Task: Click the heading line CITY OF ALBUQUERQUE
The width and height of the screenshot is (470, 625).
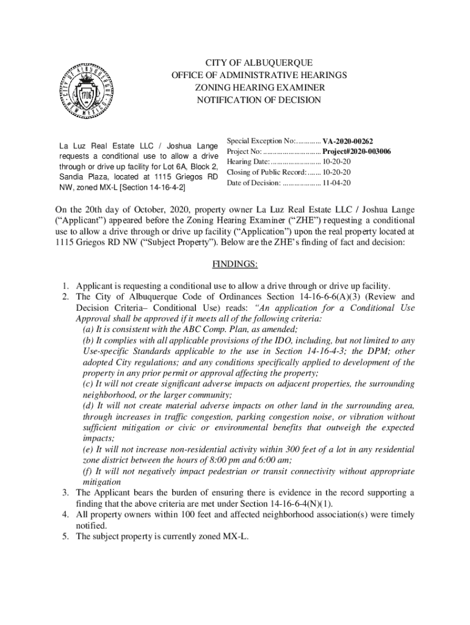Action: pos(259,63)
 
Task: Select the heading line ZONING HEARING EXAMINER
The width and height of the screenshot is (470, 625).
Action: pos(259,88)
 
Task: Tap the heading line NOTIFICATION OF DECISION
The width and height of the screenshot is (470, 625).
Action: pos(259,100)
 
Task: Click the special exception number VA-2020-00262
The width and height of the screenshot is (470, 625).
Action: pos(348,140)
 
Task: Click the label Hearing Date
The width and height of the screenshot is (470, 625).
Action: pos(248,162)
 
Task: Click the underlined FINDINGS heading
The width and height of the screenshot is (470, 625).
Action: pos(235,264)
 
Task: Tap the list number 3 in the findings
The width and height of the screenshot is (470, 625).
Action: pos(64,493)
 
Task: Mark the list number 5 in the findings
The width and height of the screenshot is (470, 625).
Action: pos(64,536)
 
